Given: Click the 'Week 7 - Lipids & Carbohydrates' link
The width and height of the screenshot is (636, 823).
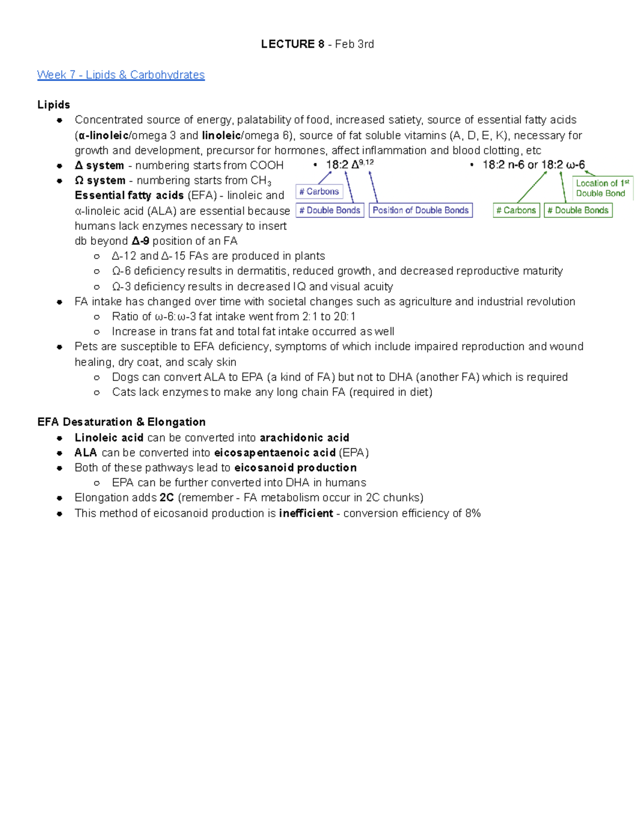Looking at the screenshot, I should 121,75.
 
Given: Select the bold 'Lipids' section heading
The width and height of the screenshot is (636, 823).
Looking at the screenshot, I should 54,105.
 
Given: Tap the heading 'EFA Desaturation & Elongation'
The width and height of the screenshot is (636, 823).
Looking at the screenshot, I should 121,422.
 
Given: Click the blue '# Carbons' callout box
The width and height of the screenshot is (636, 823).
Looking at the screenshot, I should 319,191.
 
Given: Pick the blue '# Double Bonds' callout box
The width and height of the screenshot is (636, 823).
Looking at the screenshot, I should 330,210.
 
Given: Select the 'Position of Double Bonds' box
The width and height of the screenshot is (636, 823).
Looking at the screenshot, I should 420,210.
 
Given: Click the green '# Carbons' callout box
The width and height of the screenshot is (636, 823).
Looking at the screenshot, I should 516,210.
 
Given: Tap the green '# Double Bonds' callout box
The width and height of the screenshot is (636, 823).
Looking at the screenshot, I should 578,210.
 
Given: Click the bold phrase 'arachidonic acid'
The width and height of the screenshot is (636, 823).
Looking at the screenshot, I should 304,438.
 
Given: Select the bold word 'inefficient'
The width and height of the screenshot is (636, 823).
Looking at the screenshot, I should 306,513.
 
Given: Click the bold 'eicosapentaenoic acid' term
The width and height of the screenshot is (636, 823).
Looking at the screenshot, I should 275,453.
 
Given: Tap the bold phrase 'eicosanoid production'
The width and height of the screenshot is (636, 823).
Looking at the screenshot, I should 295,467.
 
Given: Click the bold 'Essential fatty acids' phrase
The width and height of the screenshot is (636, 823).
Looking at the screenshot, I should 129,196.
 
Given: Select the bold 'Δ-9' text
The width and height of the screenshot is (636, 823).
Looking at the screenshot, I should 140,241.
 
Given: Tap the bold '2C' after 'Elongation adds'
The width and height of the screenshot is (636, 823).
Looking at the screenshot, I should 166,498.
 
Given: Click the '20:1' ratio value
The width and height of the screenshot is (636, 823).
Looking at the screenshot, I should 344,316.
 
